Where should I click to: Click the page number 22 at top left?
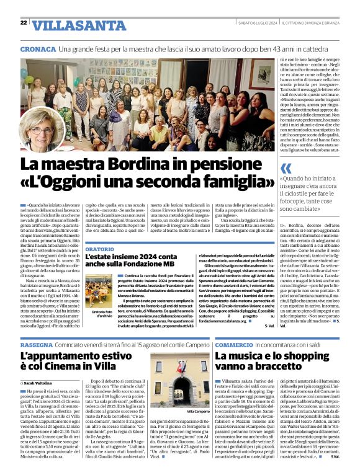click(24, 23)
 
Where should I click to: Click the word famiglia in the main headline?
click(235, 184)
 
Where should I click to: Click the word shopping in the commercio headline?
click(299, 357)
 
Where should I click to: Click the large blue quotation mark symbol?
click(286, 168)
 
